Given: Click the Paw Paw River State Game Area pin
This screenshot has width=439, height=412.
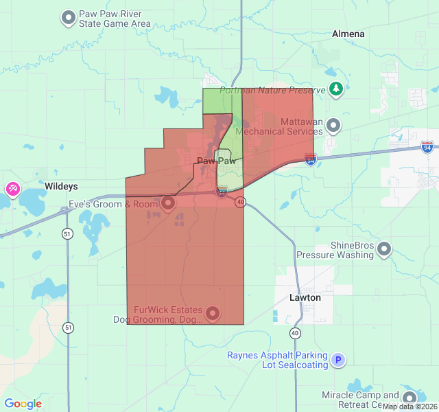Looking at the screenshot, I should point(69,17).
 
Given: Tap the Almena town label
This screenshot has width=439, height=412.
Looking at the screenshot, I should point(348,34).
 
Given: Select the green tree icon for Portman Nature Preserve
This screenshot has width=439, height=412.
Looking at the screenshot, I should point(335,88).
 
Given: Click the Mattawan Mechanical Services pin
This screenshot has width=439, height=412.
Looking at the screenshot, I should point(333,125).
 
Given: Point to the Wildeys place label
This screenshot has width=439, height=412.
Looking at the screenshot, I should point(61,186).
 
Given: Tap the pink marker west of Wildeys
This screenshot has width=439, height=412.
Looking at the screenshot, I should point(12,188).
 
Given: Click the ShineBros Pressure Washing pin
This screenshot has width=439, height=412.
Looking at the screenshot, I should point(384,249).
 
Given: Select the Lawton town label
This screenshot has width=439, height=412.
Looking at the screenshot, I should point(305,298).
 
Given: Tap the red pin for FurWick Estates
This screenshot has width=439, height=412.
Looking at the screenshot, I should point(213,314).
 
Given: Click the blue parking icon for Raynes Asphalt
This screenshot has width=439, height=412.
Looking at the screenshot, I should point(337,360).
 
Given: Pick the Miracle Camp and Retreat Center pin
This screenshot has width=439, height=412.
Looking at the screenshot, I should point(410,398).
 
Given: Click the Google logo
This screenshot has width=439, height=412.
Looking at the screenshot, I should point(23,404).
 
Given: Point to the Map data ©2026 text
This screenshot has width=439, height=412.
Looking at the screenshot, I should point(410,407).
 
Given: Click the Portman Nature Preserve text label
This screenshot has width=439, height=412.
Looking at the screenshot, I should point(273,90).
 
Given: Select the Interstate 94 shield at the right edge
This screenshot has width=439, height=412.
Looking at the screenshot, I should point(427,147).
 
